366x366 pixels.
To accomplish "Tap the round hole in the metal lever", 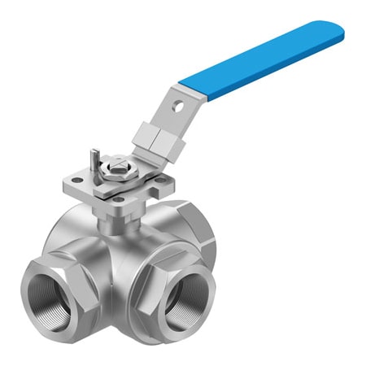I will pos(176,104).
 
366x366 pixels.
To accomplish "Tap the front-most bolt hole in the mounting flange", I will pos(119,198).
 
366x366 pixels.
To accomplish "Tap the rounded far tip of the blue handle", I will pos(336,32).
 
